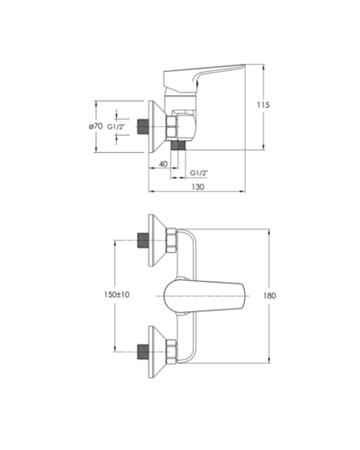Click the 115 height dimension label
[264, 104]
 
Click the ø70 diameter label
[95, 126]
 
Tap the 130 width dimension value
[198, 186]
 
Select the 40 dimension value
[163, 164]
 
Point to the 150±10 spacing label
[117, 294]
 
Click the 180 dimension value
[269, 296]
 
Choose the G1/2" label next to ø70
[116, 127]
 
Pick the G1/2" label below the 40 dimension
[199, 173]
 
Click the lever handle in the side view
[204, 77]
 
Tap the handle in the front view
[204, 296]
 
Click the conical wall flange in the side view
[157, 126]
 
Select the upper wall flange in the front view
[157, 240]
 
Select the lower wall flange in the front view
[157, 352]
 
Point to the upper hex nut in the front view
[172, 240]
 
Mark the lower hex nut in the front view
[172, 352]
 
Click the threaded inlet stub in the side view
[143, 126]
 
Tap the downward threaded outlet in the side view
[178, 145]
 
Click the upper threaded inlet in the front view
[143, 240]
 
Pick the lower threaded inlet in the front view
[143, 352]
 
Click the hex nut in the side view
[172, 127]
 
